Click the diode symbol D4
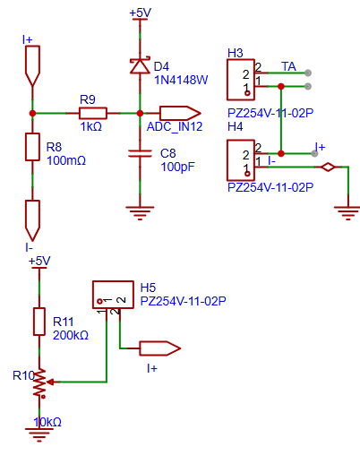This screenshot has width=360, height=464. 140,65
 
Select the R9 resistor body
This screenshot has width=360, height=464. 93,114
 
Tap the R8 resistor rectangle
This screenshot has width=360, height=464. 32,147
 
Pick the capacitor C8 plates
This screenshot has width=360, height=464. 140,153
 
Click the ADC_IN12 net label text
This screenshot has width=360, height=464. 175,126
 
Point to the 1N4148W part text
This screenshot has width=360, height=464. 181,80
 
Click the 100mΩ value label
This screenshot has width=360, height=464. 66,160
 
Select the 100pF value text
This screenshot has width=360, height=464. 177,167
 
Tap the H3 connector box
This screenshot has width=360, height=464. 241,80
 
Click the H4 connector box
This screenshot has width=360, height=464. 241,160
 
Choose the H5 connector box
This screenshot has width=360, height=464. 113,295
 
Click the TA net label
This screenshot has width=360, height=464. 288,66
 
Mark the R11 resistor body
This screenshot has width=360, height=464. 39,322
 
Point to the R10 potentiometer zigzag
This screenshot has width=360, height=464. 39,382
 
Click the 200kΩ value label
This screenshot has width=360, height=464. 71,335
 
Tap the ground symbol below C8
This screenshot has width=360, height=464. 140,213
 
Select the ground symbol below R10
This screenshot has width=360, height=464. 39,434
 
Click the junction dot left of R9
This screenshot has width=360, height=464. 32,114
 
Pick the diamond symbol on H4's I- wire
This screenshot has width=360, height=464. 328,168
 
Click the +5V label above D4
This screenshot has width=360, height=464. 141,13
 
